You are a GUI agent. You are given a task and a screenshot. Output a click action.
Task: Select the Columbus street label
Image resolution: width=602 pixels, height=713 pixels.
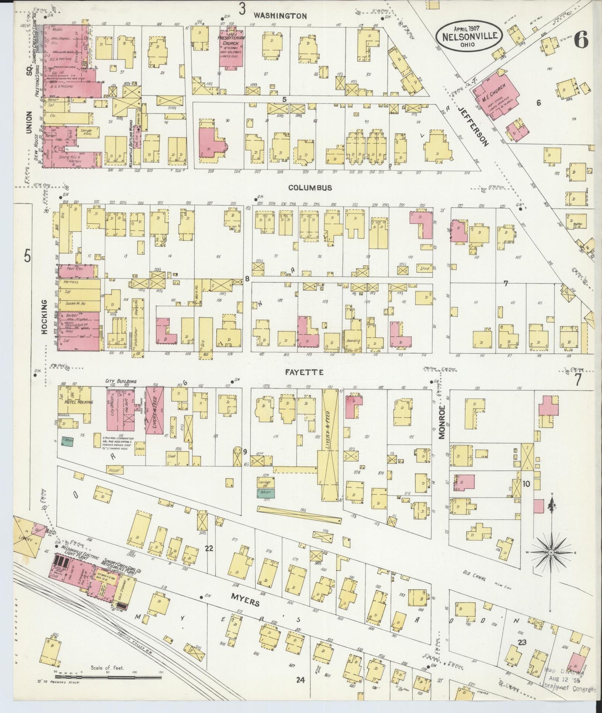pos(311,188)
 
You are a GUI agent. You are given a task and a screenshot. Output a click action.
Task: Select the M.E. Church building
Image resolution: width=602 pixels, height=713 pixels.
pos(497,97)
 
